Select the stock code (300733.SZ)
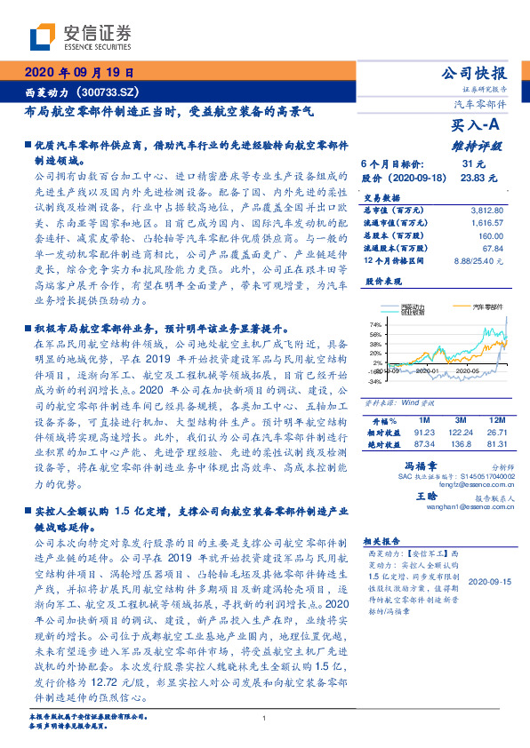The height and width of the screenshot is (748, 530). point(108,92)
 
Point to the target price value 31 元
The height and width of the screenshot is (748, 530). point(473,165)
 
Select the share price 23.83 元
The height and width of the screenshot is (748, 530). point(472,178)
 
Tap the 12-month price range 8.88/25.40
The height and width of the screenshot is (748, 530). point(478,261)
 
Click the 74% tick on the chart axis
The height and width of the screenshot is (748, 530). point(374,324)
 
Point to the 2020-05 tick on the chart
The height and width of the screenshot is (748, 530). point(467,370)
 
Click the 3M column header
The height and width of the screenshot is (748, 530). point(461,418)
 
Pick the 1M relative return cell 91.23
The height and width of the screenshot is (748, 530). point(423,432)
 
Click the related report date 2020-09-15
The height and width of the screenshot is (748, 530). point(488,581)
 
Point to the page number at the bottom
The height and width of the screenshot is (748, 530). point(265,719)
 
